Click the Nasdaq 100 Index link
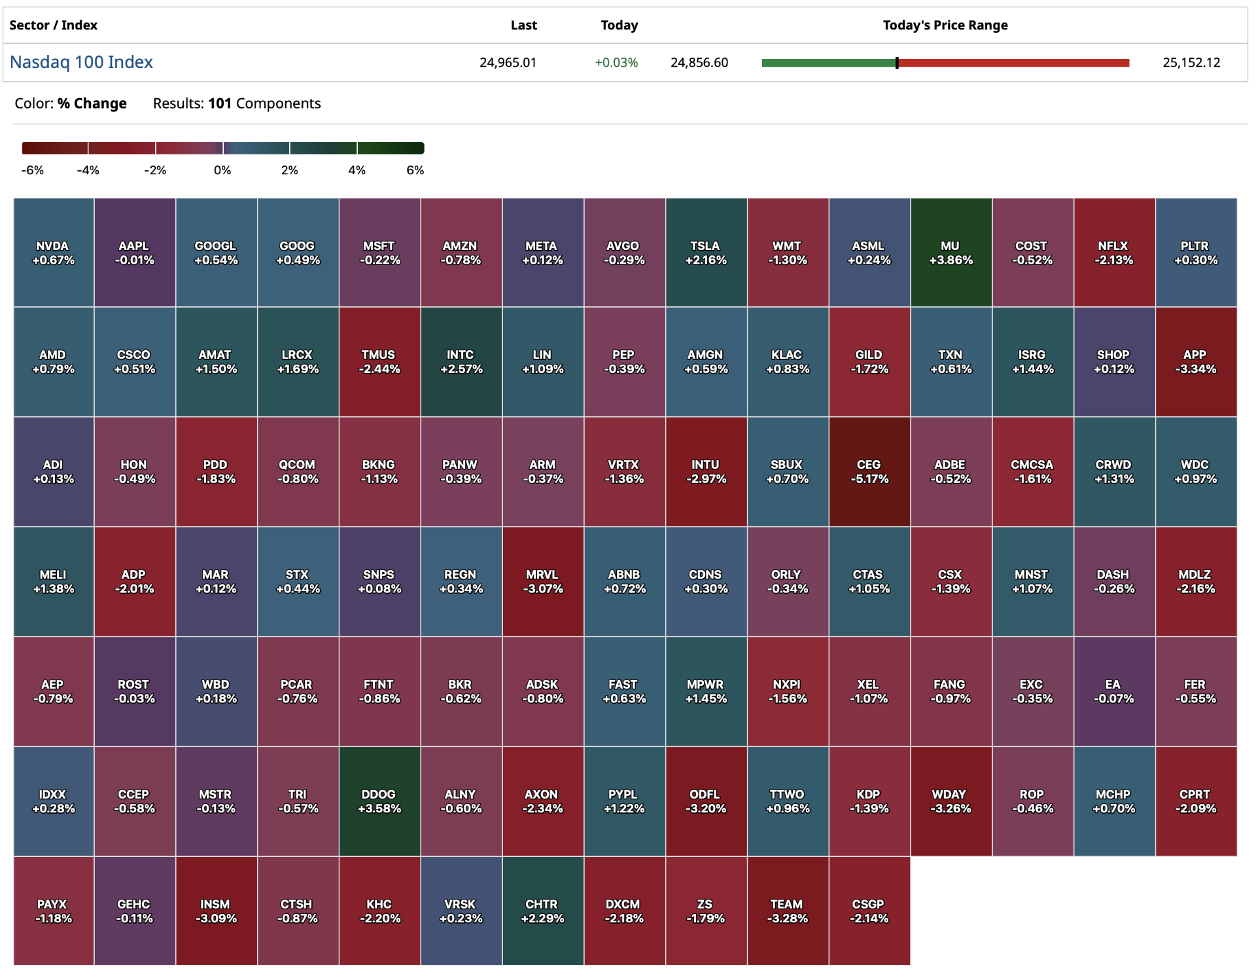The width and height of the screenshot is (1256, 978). tap(81, 62)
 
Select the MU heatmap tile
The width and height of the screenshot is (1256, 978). tap(951, 253)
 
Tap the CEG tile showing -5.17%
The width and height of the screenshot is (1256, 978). tap(869, 471)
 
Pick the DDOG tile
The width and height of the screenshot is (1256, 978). tap(379, 801)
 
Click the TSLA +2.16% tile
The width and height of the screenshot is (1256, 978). tap(705, 253)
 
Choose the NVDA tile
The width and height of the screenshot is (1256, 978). tap(53, 253)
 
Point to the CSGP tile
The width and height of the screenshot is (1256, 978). tap(869, 911)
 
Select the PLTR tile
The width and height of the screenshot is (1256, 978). tap(1195, 253)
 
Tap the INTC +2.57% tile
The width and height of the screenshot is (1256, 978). tap(461, 361)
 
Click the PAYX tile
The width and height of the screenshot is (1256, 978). tap(53, 911)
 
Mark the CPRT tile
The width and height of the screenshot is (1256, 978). tap(1195, 801)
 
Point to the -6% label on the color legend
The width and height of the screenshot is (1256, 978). tap(33, 170)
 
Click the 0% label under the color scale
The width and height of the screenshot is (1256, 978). tap(222, 170)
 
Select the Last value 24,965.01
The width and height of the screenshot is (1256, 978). tap(508, 63)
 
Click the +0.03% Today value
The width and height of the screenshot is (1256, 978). tap(616, 63)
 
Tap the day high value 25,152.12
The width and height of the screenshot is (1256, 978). tap(1191, 63)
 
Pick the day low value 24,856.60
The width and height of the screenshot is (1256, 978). tap(699, 63)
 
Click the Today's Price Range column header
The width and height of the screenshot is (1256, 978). tap(945, 26)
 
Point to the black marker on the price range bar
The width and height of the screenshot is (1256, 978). tap(897, 63)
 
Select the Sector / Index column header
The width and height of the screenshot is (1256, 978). tap(53, 26)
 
